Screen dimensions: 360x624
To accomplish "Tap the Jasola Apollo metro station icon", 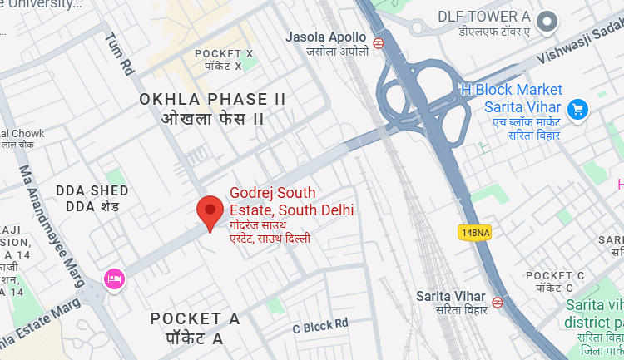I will [379, 42].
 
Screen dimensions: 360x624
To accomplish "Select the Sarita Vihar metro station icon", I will [498, 303].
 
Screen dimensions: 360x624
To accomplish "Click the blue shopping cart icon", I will [577, 109].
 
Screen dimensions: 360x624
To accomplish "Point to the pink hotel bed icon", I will [113, 279].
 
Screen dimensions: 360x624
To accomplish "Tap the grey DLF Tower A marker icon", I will [547, 22].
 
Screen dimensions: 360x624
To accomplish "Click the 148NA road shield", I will [473, 232].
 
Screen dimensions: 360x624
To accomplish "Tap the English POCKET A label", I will [195, 318].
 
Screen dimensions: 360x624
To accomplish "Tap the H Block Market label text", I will [512, 90].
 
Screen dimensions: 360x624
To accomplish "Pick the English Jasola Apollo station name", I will [325, 37].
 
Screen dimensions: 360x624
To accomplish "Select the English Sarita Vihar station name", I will [450, 296].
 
